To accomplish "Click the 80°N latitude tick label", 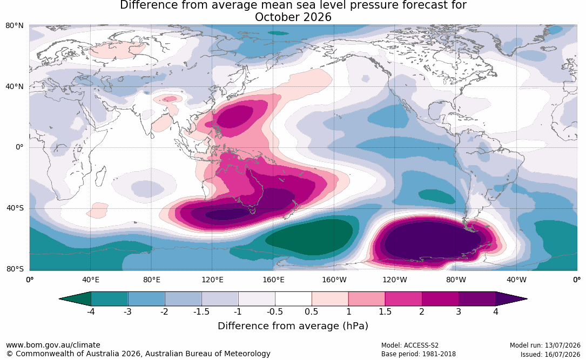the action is click(15, 26).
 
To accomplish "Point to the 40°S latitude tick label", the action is click(15, 208).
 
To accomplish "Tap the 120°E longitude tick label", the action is click(212, 280).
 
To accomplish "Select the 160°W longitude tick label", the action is click(334, 280).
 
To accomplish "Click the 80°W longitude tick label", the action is click(456, 280).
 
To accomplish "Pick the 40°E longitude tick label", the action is click(90, 280).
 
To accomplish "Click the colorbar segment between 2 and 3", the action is click(440, 299).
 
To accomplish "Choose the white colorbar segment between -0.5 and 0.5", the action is click(293, 299).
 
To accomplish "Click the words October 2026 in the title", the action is click(293, 17).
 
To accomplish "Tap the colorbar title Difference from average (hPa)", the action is click(293, 326).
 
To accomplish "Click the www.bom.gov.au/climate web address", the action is click(53, 345).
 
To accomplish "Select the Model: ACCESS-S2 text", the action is click(410, 345).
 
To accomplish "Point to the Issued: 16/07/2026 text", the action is click(550, 354).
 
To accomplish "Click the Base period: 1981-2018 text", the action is click(419, 354).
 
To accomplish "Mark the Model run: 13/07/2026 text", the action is click(545, 345).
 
